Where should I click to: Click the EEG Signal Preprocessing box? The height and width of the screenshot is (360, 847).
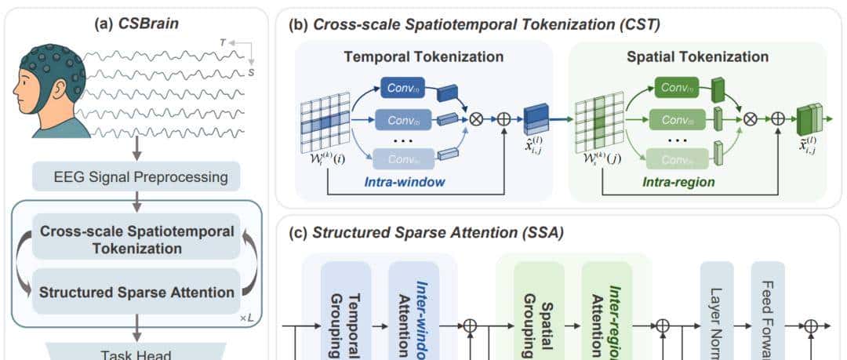click(x=136, y=176)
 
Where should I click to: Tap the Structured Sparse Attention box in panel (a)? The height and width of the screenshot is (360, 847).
click(x=136, y=292)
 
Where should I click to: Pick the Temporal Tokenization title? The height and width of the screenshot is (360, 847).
click(x=423, y=56)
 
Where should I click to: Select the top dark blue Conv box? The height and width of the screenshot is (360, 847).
click(x=402, y=87)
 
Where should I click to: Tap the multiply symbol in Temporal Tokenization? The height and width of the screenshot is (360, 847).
click(x=475, y=119)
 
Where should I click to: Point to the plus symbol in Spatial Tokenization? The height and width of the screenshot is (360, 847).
click(x=777, y=119)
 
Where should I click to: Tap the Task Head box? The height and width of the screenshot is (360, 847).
click(x=136, y=352)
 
